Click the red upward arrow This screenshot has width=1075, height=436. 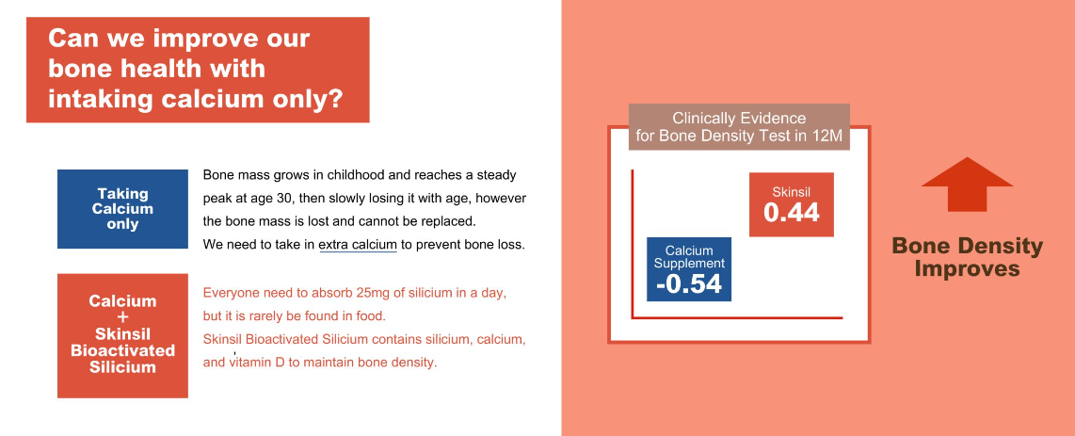click(x=967, y=185)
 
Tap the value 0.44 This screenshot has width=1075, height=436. click(x=791, y=213)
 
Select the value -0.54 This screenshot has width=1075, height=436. click(x=688, y=283)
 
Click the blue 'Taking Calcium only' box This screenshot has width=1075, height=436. click(x=122, y=209)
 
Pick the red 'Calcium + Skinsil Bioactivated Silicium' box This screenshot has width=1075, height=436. click(x=122, y=336)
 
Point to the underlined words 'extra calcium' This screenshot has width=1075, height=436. click(x=358, y=245)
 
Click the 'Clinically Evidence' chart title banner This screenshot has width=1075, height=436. click(x=739, y=127)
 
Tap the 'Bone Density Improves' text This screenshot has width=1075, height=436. click(x=968, y=257)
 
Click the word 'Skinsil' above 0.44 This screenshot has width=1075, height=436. click(x=791, y=192)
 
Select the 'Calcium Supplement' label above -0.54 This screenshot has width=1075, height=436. click(x=689, y=256)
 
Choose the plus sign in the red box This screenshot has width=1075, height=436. click(x=122, y=317)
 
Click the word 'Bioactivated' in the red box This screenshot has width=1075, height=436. click(x=122, y=350)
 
